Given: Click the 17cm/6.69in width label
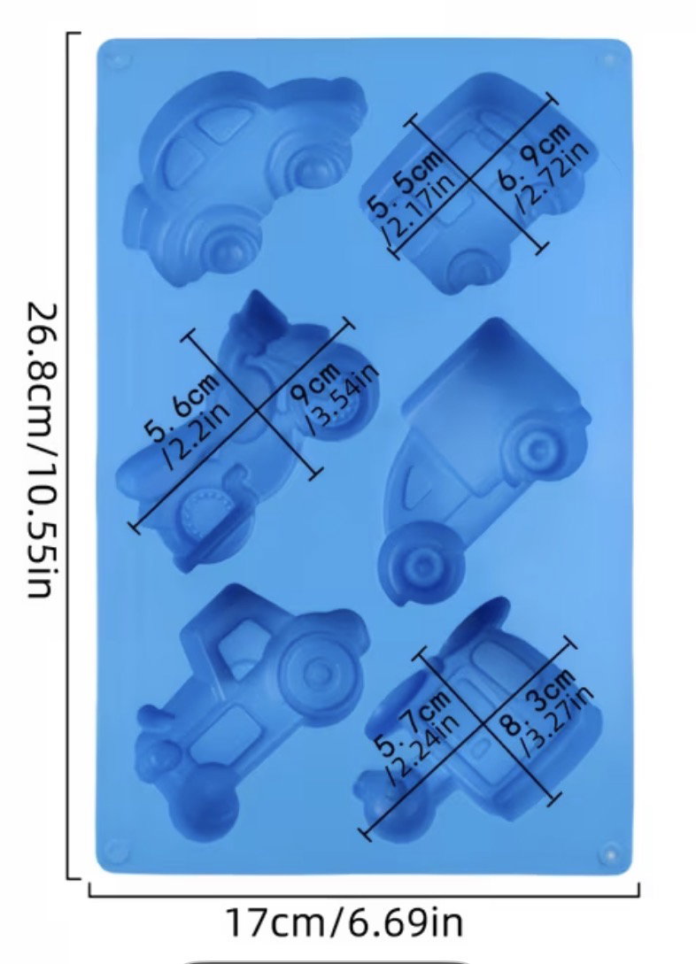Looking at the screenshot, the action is click(x=344, y=922).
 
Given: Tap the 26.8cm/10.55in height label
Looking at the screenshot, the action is click(x=43, y=450).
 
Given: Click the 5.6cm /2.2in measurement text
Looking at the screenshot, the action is click(x=188, y=419).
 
